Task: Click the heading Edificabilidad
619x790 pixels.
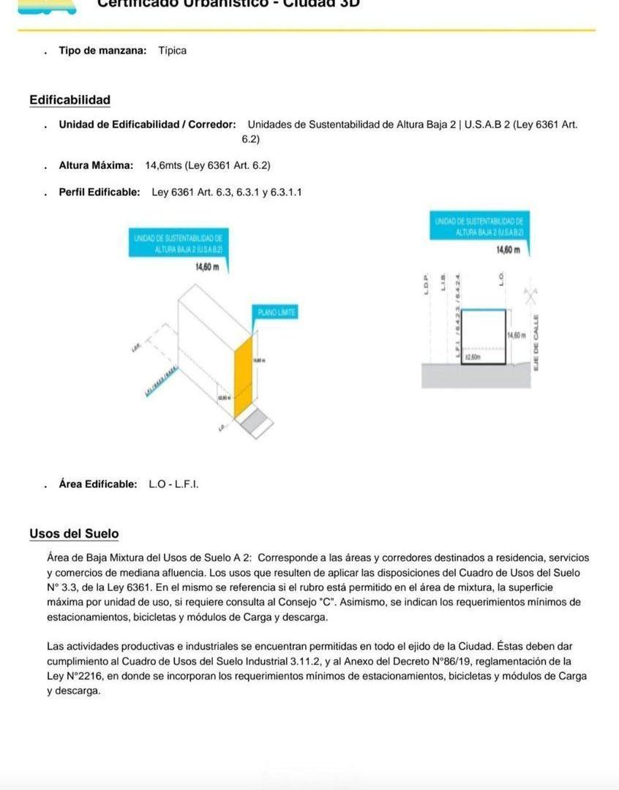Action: point(70,100)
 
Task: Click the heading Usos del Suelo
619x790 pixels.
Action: point(74,534)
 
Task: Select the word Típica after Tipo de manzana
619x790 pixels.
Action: point(173,50)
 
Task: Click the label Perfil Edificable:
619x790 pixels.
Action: point(100,192)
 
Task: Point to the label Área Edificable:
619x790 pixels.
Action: point(98,484)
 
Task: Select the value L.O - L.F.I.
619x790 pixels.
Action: point(173,484)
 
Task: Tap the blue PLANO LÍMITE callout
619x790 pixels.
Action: point(277,312)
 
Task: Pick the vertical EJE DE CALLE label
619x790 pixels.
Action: point(536,342)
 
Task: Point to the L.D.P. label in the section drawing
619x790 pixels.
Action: point(425,284)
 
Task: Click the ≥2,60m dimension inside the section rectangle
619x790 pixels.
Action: point(473,357)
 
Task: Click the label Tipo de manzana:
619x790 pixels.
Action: point(102,50)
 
